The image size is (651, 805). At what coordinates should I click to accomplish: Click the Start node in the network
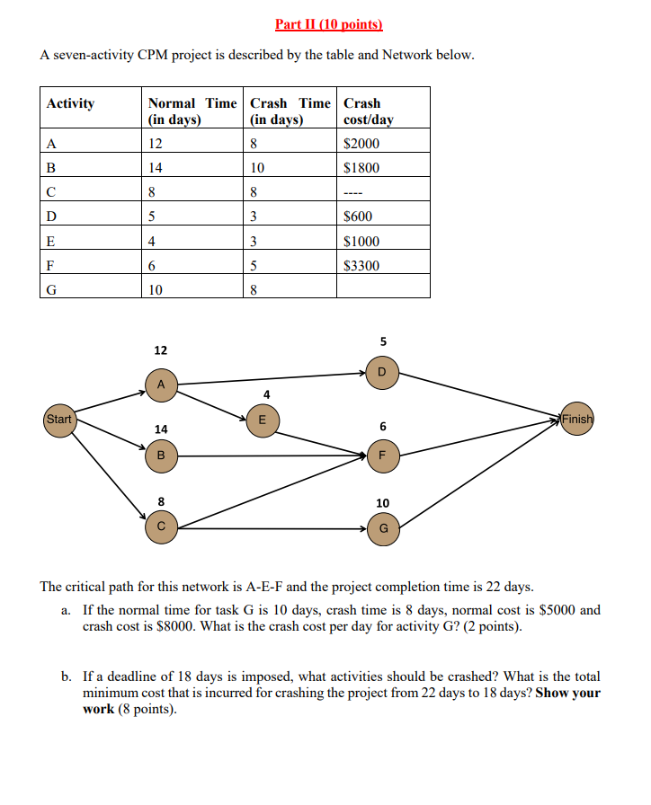click(59, 420)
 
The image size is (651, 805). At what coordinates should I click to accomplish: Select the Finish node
click(576, 419)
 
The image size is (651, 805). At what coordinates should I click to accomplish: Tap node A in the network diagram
click(161, 384)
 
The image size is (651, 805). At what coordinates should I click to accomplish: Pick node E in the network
click(262, 420)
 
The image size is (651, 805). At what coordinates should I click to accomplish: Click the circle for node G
click(383, 528)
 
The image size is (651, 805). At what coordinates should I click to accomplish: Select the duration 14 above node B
click(161, 430)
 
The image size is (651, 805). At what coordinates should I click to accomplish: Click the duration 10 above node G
click(383, 503)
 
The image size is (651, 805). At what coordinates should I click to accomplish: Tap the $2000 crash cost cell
click(361, 144)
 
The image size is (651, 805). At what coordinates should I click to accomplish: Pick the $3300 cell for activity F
click(361, 266)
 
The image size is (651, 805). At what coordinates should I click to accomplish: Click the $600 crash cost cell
click(359, 217)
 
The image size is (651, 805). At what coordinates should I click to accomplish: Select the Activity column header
click(71, 103)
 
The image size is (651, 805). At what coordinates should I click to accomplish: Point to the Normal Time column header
click(192, 111)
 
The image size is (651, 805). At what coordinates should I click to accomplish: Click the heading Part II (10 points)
click(325, 24)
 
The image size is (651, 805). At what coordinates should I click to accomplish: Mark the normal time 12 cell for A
click(156, 144)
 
